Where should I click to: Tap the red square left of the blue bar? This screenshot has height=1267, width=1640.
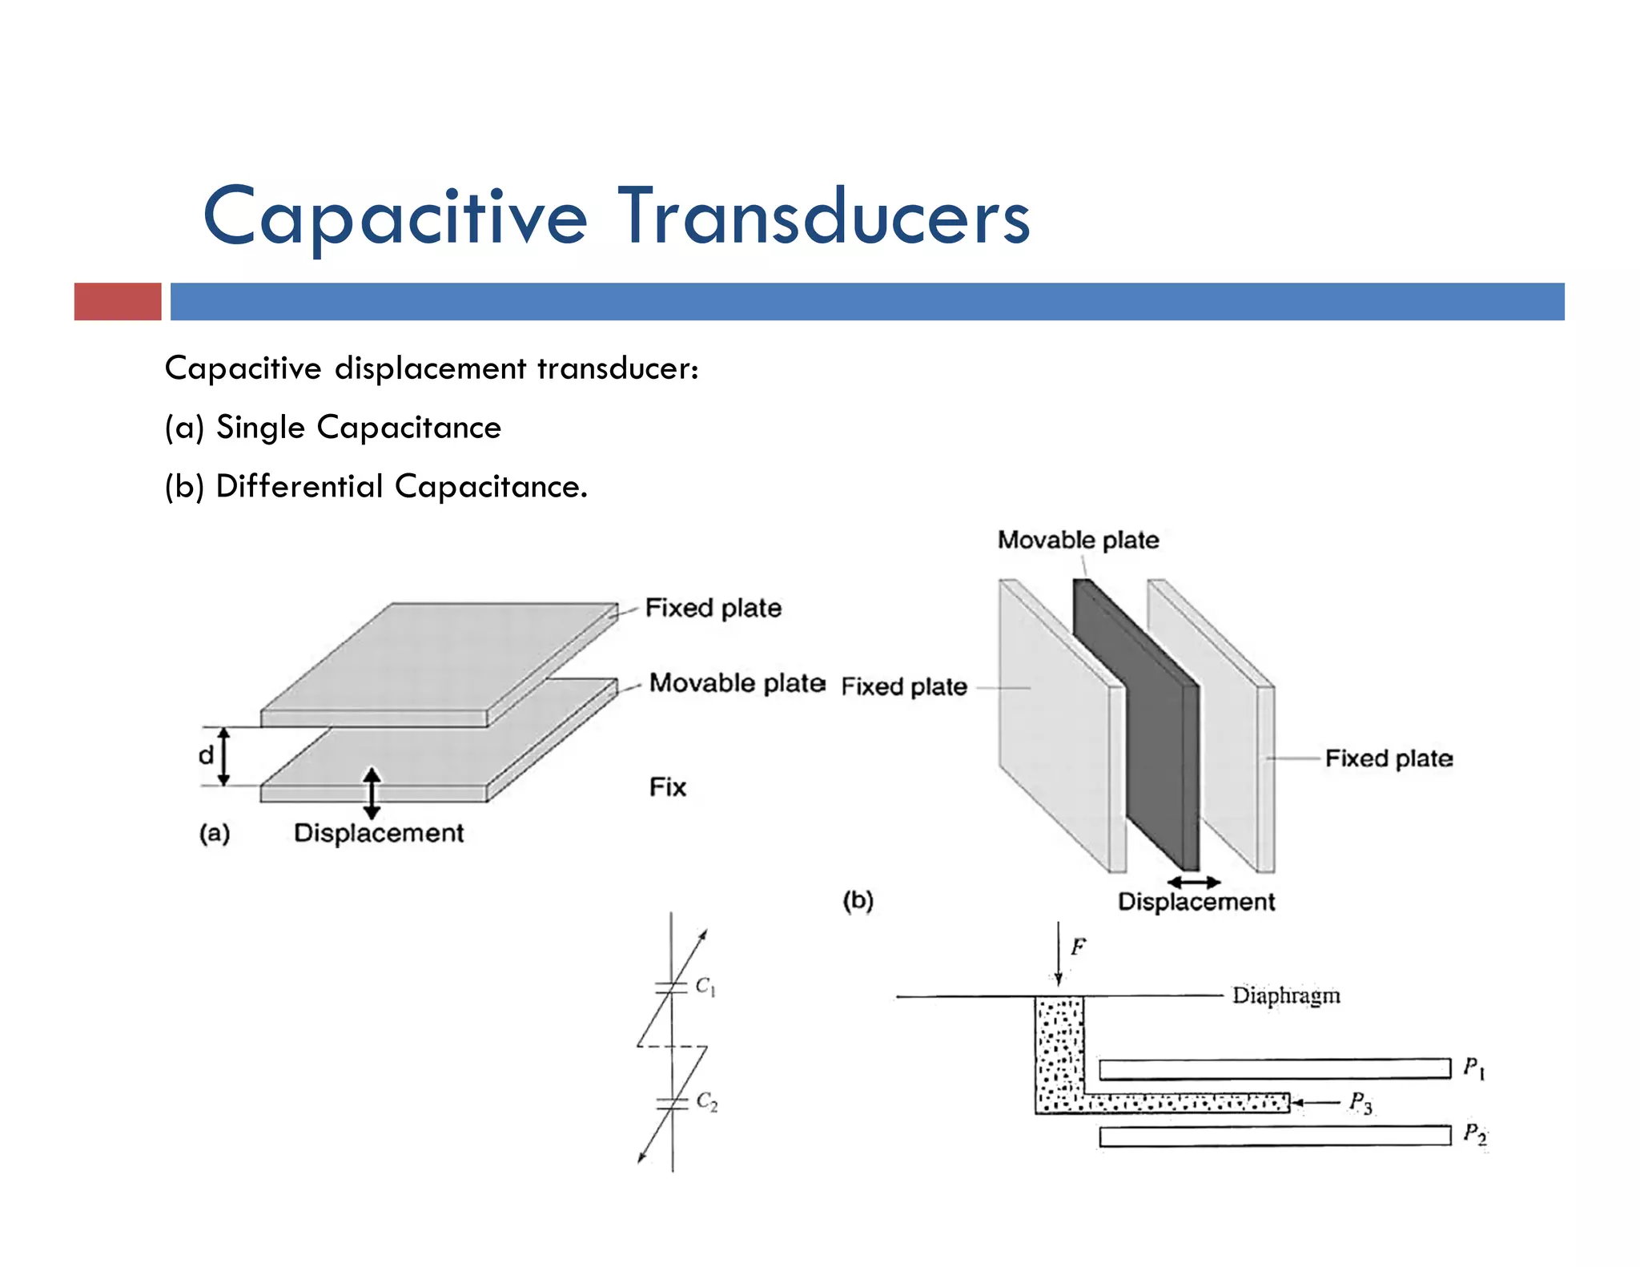pyautogui.click(x=118, y=302)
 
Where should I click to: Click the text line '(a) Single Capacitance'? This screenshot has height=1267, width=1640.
pyautogui.click(x=332, y=427)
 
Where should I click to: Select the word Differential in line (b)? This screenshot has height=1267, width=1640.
pyautogui.click(x=299, y=486)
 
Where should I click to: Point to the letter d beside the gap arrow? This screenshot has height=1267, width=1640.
pyautogui.click(x=207, y=754)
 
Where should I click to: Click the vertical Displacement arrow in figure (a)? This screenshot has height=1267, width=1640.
pyautogui.click(x=372, y=793)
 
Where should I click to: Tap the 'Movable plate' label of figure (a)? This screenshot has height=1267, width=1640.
pyautogui.click(x=737, y=683)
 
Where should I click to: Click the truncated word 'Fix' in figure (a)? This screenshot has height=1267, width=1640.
pyautogui.click(x=667, y=787)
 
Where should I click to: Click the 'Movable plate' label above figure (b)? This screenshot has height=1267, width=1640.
pyautogui.click(x=1078, y=540)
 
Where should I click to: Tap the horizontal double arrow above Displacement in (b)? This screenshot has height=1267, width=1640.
pyautogui.click(x=1193, y=882)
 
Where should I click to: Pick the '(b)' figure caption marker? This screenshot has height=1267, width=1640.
pyautogui.click(x=858, y=900)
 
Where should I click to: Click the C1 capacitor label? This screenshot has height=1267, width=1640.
pyautogui.click(x=705, y=986)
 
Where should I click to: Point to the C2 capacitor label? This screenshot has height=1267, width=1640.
pyautogui.click(x=706, y=1101)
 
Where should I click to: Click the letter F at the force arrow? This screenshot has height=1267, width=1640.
pyautogui.click(x=1078, y=947)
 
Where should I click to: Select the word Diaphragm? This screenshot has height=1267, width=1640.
pyautogui.click(x=1285, y=995)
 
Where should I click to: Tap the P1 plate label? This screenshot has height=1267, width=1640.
pyautogui.click(x=1473, y=1068)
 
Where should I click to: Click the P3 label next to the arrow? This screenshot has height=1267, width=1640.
pyautogui.click(x=1360, y=1103)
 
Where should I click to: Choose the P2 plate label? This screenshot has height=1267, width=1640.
pyautogui.click(x=1474, y=1134)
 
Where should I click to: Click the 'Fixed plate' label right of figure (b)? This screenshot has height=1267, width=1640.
pyautogui.click(x=1389, y=758)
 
